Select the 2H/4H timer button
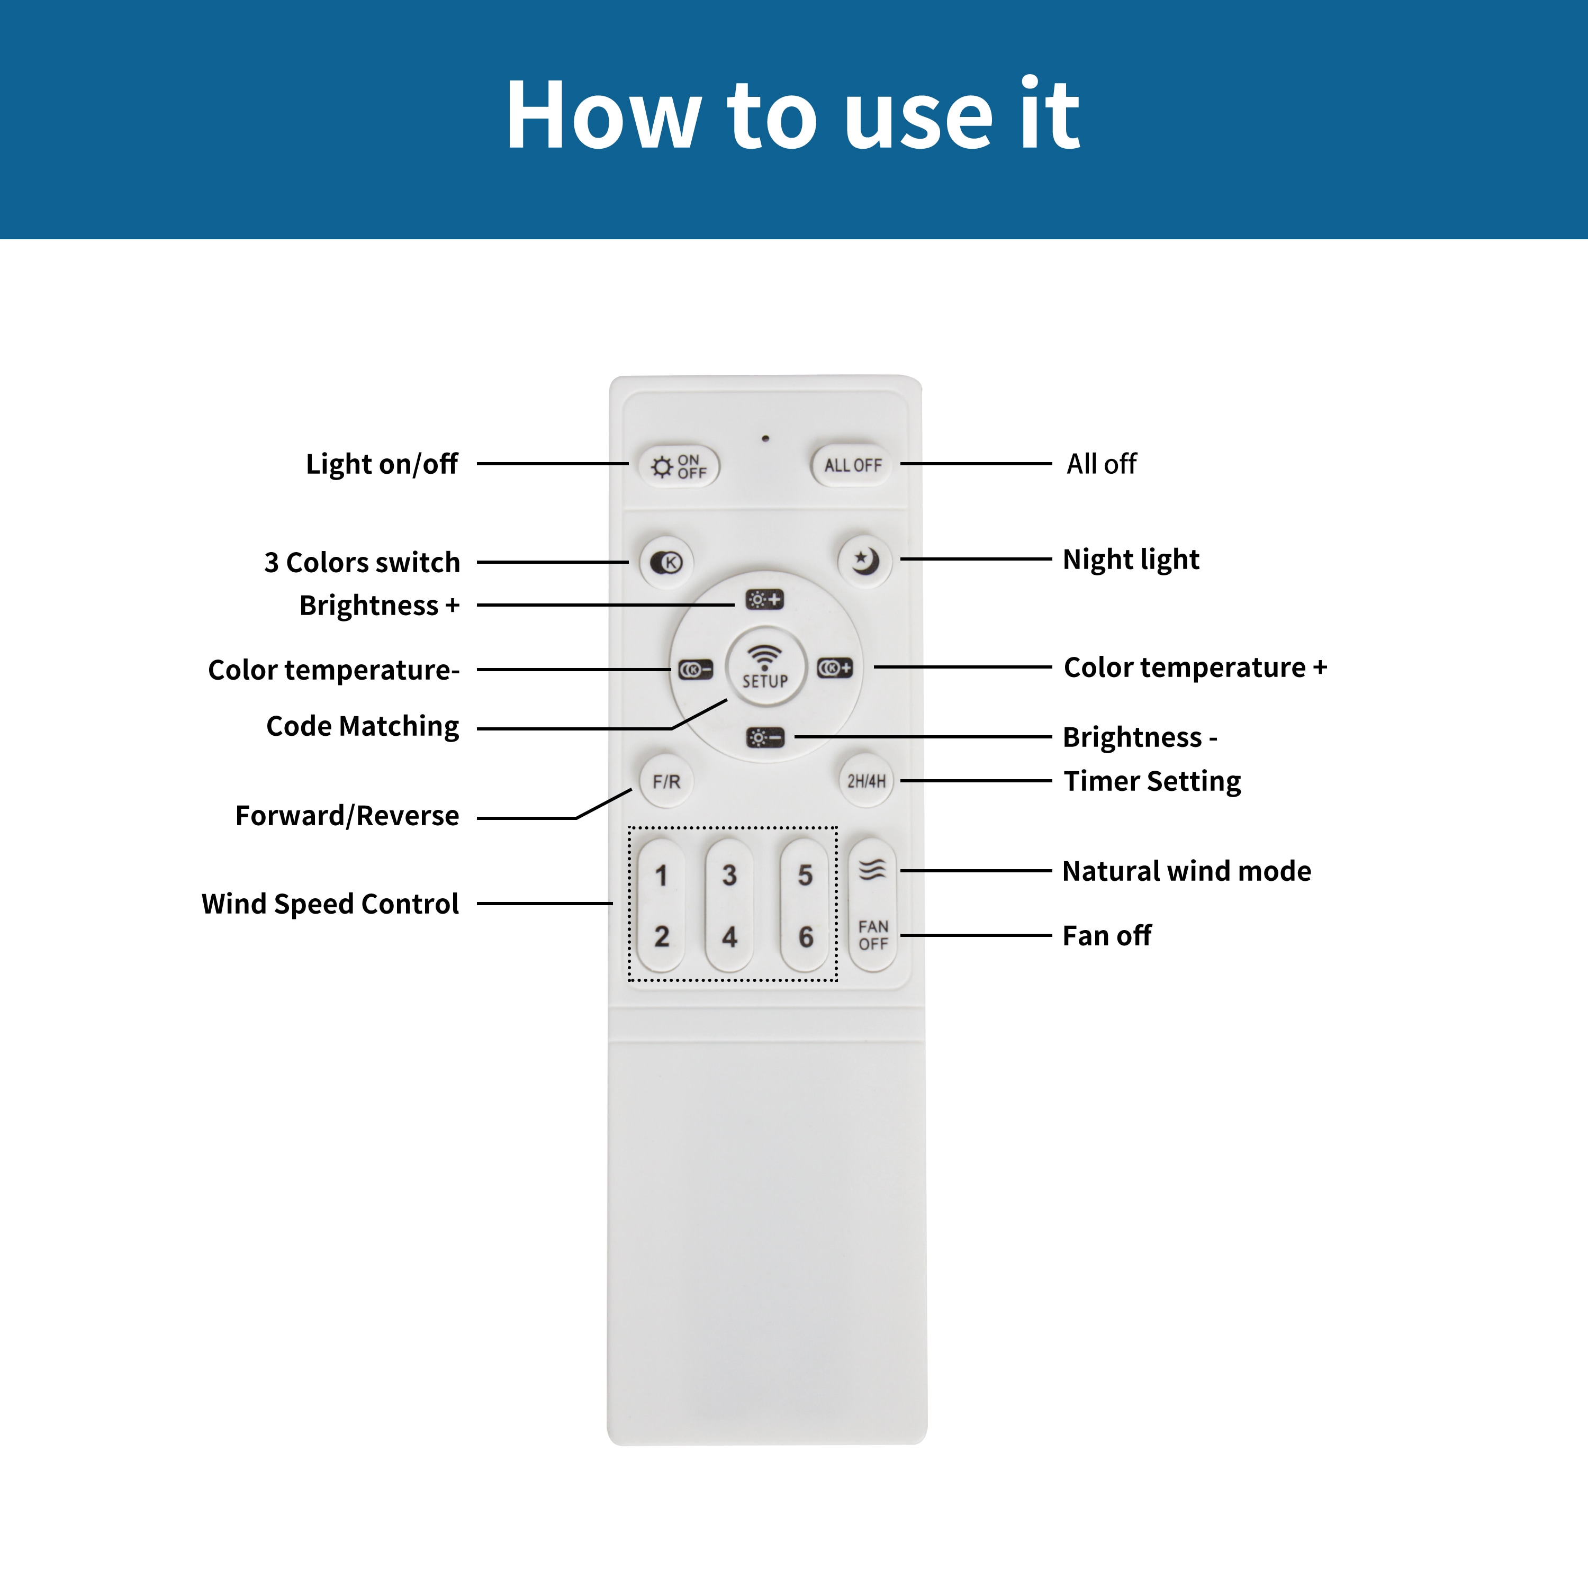point(867,781)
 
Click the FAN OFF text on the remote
point(873,935)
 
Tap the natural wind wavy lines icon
point(872,870)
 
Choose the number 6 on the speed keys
point(806,937)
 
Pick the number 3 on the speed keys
point(729,876)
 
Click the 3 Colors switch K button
point(666,562)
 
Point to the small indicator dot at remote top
point(765,439)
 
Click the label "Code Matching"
point(363,727)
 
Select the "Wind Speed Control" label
point(330,904)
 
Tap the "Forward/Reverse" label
point(347,816)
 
